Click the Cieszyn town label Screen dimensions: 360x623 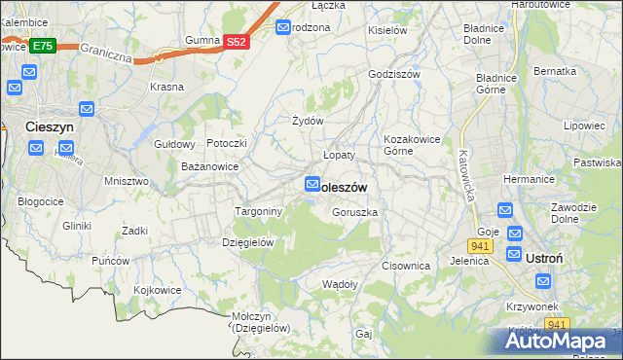pyautogui.click(x=52, y=126)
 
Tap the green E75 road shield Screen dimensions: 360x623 pyautogui.click(x=42, y=46)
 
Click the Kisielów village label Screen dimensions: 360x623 pyautogui.click(x=386, y=30)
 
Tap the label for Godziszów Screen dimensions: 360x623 pyautogui.click(x=393, y=74)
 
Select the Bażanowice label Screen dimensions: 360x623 pyautogui.click(x=210, y=167)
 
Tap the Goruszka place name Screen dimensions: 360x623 pyautogui.click(x=354, y=211)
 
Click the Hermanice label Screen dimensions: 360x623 pyautogui.click(x=529, y=179)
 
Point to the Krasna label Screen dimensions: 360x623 pyautogui.click(x=166, y=87)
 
